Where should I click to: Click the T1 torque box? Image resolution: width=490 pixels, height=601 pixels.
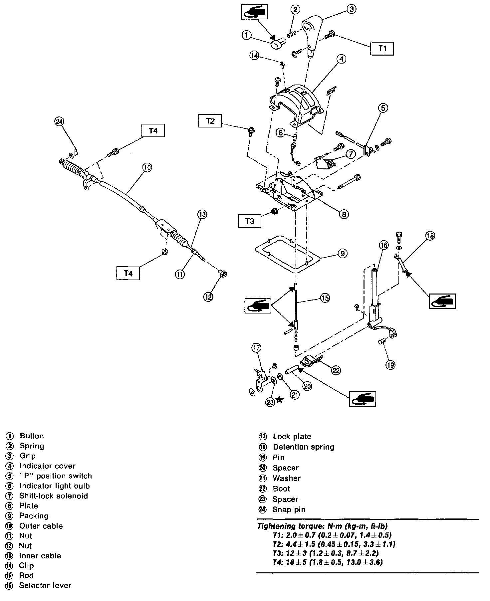[x=382, y=48]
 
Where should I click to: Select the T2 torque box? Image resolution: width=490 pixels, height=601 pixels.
[x=210, y=120]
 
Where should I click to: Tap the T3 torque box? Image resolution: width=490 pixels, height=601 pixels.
[x=250, y=221]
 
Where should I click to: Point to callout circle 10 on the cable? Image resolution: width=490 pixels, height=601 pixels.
[x=147, y=167]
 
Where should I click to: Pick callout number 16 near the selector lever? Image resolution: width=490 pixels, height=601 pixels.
[x=383, y=246]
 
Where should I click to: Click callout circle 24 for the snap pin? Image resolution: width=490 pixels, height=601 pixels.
[x=59, y=122]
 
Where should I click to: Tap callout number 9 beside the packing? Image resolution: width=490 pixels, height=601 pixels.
[x=342, y=254]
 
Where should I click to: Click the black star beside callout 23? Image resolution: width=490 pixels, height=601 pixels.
[x=279, y=400]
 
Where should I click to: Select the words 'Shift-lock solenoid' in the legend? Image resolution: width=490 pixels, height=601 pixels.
[x=54, y=496]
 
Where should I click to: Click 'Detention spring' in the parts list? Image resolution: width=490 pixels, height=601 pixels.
[x=303, y=447]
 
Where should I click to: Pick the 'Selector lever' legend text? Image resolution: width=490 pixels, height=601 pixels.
[x=45, y=585]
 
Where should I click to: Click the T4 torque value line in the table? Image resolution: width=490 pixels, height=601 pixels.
[x=328, y=562]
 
